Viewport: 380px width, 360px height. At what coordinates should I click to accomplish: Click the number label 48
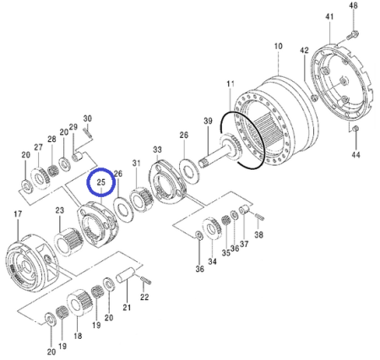(x=353, y=6)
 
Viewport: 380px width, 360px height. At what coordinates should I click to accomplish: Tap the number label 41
(x=329, y=17)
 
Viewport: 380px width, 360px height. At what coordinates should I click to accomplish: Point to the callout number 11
(x=229, y=84)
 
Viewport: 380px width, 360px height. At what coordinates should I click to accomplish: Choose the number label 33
(x=157, y=150)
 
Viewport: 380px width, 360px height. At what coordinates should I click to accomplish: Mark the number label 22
(x=144, y=297)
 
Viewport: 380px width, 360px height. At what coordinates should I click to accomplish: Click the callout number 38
(x=259, y=236)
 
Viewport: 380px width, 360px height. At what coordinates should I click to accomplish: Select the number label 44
(x=356, y=155)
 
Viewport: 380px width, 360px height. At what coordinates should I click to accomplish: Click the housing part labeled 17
(x=28, y=257)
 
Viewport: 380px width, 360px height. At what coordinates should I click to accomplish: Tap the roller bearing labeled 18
(x=82, y=302)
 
